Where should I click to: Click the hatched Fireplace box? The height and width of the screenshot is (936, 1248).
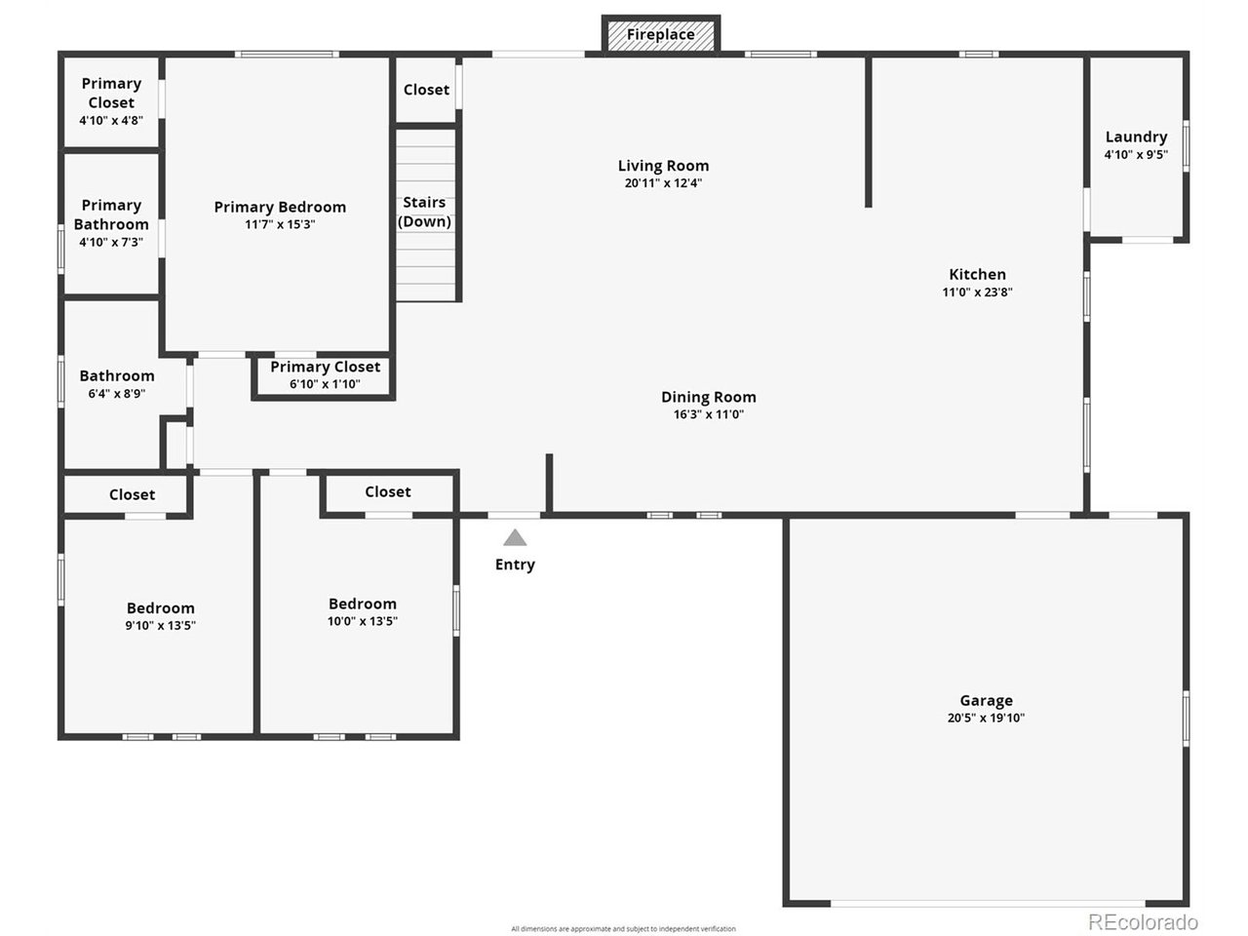click(661, 35)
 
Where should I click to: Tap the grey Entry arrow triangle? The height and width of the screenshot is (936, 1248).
click(515, 538)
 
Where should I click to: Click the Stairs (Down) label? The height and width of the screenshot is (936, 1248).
click(424, 212)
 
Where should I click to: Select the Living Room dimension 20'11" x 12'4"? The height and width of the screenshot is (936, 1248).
click(663, 183)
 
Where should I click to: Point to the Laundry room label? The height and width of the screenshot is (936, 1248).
click(1136, 137)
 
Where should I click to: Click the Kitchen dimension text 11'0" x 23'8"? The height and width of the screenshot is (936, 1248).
click(977, 292)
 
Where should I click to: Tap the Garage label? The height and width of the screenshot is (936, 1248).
click(986, 700)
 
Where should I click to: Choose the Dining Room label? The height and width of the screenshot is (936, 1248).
click(708, 397)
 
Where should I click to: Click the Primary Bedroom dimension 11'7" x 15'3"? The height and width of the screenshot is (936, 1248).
click(280, 224)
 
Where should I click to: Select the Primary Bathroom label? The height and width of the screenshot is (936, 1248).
click(111, 214)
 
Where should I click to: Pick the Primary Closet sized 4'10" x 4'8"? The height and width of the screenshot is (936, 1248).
click(111, 101)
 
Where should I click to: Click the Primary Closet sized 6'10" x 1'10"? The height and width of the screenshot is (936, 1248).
click(325, 374)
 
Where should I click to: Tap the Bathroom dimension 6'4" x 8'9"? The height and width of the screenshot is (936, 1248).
click(116, 394)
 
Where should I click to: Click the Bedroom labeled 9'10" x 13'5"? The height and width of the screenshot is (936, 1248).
click(160, 616)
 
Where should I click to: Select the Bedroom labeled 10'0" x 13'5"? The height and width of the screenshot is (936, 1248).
click(362, 612)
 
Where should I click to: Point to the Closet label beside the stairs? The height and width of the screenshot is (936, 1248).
click(426, 90)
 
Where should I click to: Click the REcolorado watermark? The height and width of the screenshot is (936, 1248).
click(1143, 921)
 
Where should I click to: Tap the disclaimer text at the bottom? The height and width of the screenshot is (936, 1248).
click(623, 929)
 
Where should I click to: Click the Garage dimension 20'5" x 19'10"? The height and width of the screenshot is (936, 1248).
click(986, 719)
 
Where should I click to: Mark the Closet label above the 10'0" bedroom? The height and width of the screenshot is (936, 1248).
click(387, 492)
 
